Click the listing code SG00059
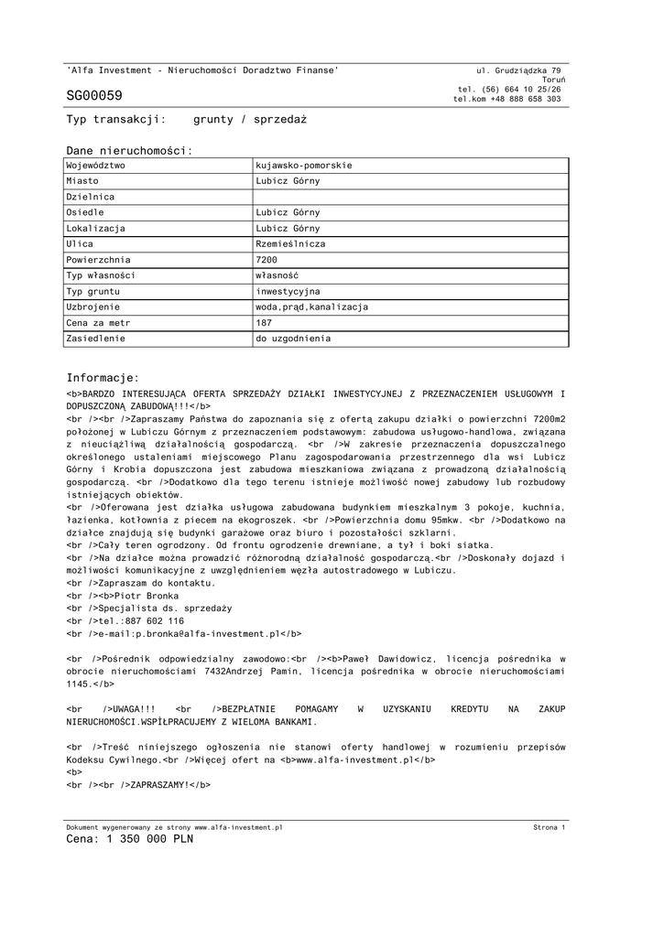[93, 96]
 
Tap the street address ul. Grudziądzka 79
[519, 70]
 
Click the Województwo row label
[96, 166]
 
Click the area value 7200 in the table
[267, 260]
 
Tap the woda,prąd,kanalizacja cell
[311, 307]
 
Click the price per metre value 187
[265, 323]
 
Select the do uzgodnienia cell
[293, 339]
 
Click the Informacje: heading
[103, 378]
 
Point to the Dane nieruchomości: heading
[129, 150]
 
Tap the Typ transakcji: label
[115, 120]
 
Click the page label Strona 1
[549, 827]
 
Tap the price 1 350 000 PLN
[150, 839]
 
